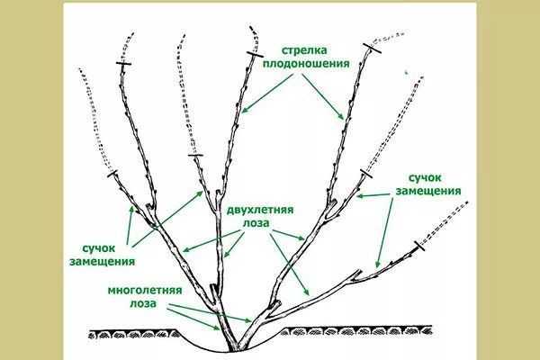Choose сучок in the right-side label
pyautogui.click(x=428, y=178)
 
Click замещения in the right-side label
pyautogui.click(x=428, y=193)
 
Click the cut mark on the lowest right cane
pyautogui.click(x=417, y=246)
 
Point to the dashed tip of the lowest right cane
pyautogui.click(x=454, y=216)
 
